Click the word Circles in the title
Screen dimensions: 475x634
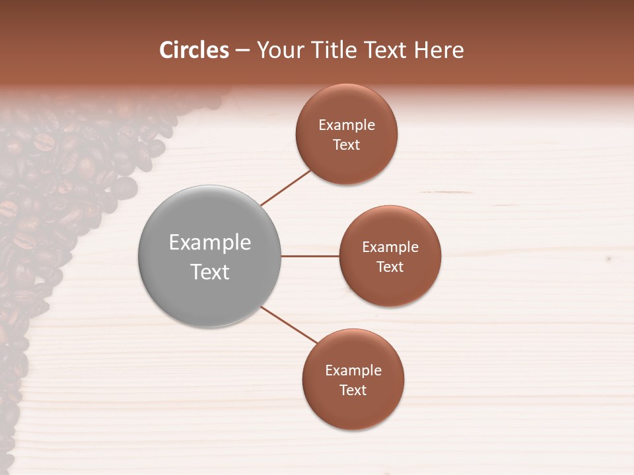point(194,50)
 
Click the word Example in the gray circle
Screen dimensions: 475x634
point(210,243)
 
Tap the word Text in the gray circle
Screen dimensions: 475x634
point(210,272)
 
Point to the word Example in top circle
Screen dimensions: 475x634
point(346,125)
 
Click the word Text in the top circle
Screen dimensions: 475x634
point(346,145)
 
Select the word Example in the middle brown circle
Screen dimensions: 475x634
point(390,247)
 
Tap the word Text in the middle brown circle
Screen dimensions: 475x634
point(390,267)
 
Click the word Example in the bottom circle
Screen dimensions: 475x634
point(353,371)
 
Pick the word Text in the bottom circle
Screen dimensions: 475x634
point(353,391)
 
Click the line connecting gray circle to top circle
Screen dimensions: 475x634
point(286,188)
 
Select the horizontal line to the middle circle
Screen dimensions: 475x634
point(310,256)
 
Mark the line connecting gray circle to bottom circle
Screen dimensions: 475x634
point(289,325)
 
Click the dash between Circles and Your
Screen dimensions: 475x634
point(242,51)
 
